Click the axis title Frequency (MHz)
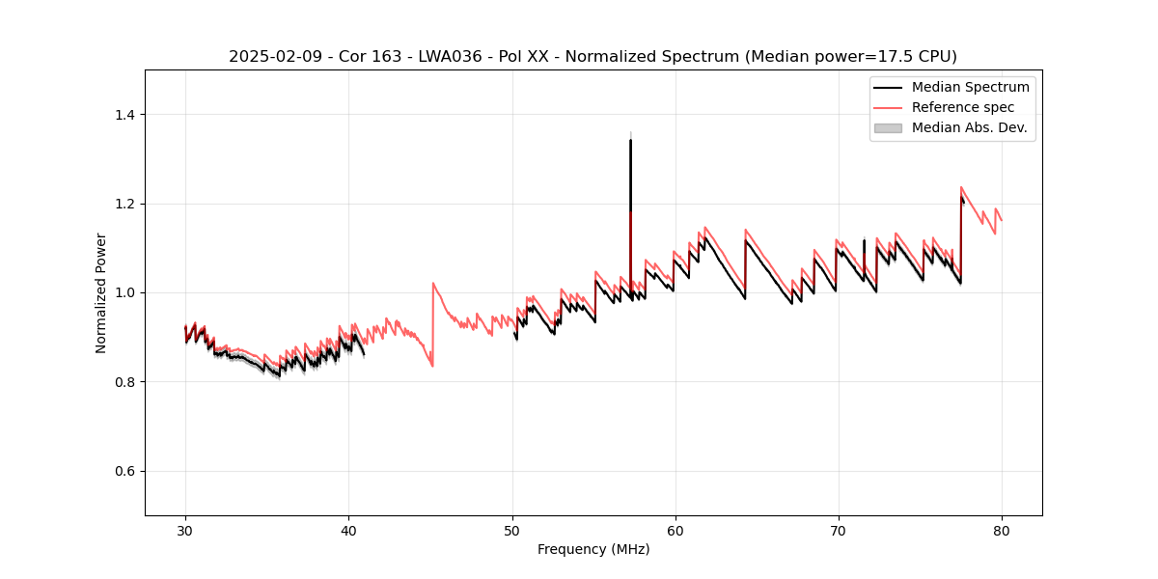[593, 549]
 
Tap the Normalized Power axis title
[100, 292]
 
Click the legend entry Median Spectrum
[970, 87]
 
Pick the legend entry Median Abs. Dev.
[969, 127]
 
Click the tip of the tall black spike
[630, 140]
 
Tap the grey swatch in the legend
[888, 127]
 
